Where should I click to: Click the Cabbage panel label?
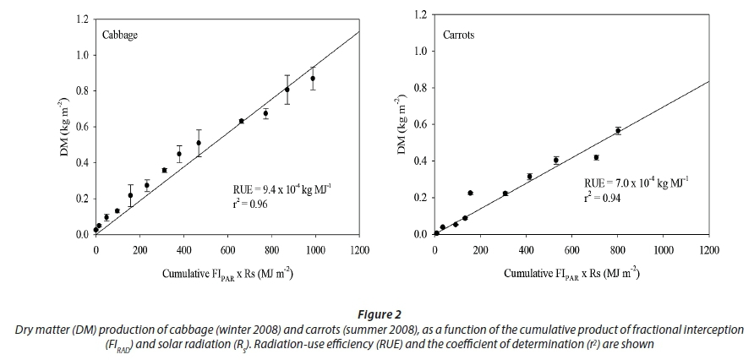(x=120, y=36)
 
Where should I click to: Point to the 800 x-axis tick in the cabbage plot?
(x=271, y=251)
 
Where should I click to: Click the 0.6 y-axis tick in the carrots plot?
(x=420, y=125)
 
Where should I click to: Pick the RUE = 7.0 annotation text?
(x=637, y=183)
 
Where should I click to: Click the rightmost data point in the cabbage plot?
(x=313, y=79)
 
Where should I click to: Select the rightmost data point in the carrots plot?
(x=618, y=131)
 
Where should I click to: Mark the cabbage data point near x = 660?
(x=241, y=121)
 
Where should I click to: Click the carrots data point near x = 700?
(x=596, y=157)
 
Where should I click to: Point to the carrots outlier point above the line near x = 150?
(x=470, y=193)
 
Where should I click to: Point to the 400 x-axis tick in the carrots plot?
(x=526, y=250)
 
